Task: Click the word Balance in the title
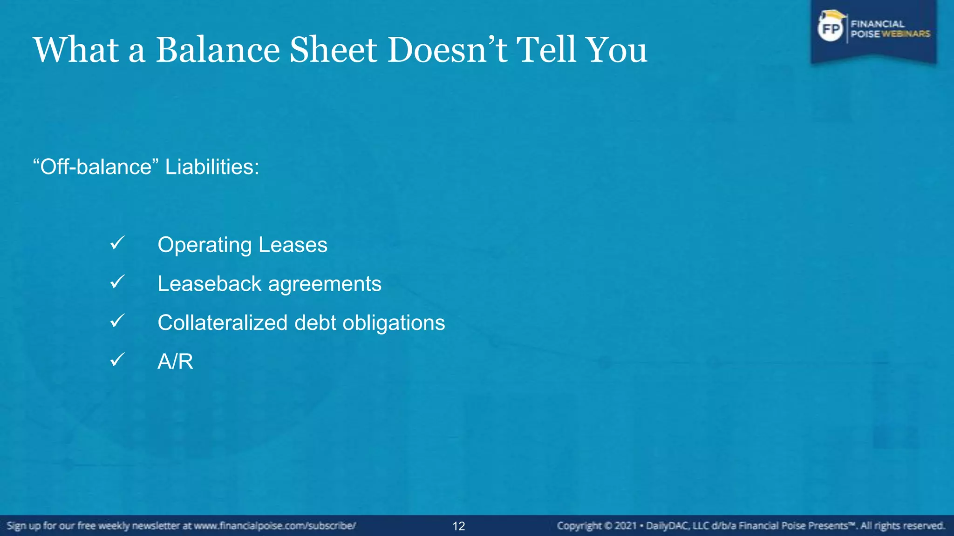[217, 50]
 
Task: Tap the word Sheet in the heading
[333, 50]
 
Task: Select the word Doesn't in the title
[447, 50]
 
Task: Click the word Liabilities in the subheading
[212, 167]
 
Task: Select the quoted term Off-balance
[96, 167]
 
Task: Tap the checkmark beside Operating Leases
[117, 243]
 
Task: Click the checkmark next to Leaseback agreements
[117, 282]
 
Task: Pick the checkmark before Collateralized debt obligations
[117, 321]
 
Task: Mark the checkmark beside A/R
[117, 360]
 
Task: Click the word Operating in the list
[204, 245]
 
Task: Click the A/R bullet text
[175, 362]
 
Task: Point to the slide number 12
[459, 526]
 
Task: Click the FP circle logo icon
[831, 29]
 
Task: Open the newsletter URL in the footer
[275, 526]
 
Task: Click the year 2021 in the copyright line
[625, 526]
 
